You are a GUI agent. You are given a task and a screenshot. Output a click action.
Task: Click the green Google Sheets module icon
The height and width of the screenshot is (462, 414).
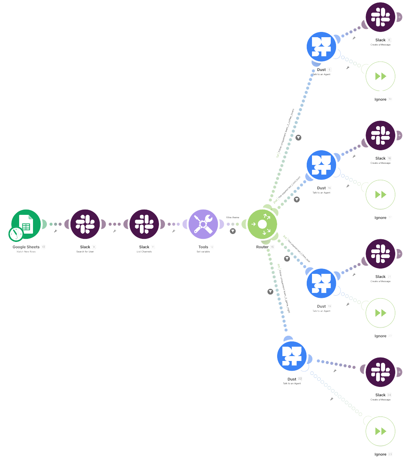(26, 224)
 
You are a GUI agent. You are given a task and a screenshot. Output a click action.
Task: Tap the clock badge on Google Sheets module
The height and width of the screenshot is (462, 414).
(15, 234)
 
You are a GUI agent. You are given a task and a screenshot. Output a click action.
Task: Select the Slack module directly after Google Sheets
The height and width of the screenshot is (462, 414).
(85, 224)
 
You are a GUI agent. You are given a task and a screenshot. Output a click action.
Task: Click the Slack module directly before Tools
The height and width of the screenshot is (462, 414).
(144, 224)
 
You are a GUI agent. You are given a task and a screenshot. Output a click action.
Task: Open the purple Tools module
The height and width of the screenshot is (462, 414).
(203, 224)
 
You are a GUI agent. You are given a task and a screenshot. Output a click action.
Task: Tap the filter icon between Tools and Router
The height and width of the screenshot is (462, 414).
(232, 231)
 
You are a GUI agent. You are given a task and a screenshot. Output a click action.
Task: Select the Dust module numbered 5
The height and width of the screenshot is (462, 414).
(321, 47)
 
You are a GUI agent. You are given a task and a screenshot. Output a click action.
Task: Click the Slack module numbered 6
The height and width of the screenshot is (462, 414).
(380, 17)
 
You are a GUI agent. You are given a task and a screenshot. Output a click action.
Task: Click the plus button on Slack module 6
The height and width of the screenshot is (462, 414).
(400, 17)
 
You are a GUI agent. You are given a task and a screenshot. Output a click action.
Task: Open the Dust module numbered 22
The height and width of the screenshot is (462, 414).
(292, 356)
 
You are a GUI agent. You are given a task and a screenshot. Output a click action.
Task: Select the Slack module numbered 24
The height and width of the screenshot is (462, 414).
(380, 372)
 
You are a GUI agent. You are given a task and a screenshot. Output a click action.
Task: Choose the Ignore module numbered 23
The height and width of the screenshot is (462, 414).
(380, 431)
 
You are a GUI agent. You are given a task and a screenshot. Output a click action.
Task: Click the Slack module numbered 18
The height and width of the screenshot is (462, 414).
(380, 254)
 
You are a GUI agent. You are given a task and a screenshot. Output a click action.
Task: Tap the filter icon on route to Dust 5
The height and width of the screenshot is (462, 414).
(298, 137)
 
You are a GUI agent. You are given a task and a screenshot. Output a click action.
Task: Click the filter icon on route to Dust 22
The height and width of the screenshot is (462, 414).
(270, 291)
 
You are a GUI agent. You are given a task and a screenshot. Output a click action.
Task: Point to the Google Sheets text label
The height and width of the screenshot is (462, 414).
(26, 247)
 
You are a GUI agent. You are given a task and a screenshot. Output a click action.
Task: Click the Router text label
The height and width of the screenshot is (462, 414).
(262, 247)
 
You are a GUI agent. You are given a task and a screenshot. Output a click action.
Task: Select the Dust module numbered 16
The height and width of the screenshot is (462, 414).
(321, 283)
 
